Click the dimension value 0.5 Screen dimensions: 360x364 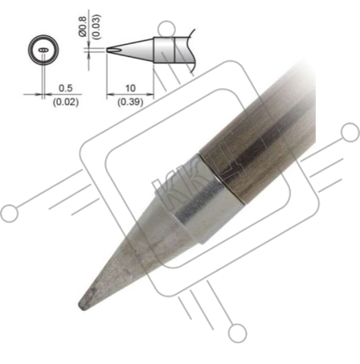[66, 88]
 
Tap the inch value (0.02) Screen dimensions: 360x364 [66, 102]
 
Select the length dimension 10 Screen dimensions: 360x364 [130, 88]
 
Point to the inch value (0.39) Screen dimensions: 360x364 [130, 102]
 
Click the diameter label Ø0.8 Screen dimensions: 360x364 [83, 27]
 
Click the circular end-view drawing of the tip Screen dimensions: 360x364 [43, 50]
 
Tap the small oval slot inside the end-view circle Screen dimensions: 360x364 [43, 50]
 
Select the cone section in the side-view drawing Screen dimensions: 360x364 [130, 50]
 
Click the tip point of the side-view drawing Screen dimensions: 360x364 [107, 50]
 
